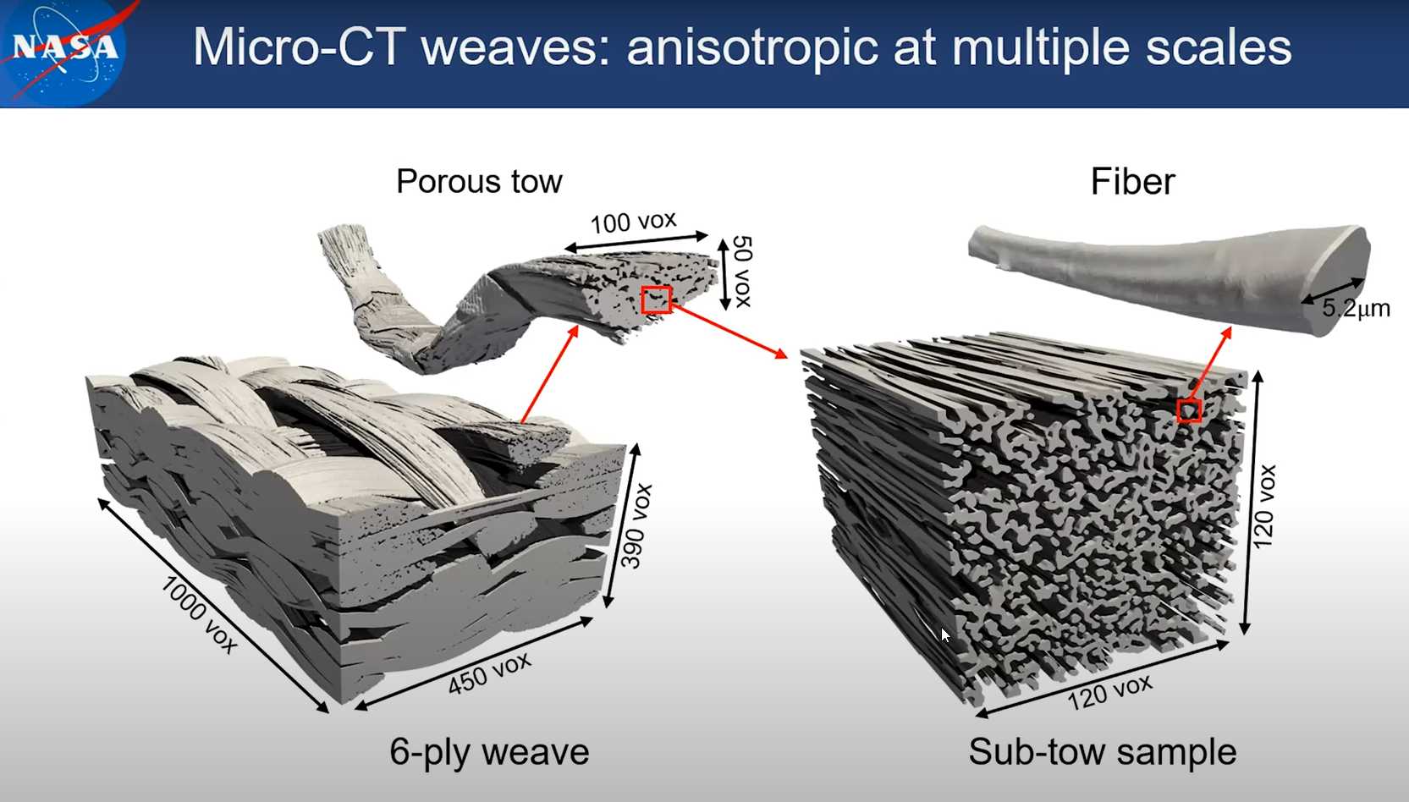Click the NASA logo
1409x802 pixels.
63,50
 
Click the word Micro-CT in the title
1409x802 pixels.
296,47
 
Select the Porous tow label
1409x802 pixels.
479,182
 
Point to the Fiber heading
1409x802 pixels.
1133,182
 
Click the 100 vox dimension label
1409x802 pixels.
634,222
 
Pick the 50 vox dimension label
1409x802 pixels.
743,271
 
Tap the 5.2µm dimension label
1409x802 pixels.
1356,308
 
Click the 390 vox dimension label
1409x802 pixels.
636,526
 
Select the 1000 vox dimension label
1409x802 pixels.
200,614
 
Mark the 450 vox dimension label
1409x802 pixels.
489,673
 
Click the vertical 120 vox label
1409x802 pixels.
1263,507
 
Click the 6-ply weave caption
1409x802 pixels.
489,752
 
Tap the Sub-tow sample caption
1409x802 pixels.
1102,752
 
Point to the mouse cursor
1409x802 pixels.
945,634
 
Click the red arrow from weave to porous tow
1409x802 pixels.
550,374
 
